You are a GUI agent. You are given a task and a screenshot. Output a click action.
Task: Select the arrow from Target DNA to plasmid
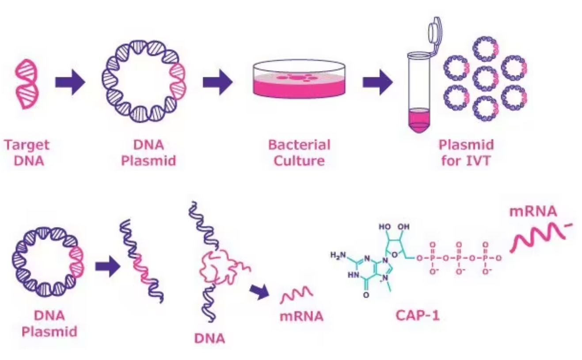(x=70, y=82)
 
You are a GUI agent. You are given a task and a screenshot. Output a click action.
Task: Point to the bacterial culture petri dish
(x=299, y=80)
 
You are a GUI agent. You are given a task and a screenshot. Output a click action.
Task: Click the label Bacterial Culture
(x=299, y=152)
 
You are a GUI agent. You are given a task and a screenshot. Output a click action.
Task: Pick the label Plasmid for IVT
(x=466, y=152)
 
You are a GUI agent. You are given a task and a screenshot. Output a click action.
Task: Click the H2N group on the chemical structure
(x=338, y=255)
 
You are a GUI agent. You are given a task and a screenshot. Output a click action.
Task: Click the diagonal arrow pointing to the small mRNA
(x=260, y=292)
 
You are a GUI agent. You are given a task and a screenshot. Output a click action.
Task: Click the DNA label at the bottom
(x=209, y=339)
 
